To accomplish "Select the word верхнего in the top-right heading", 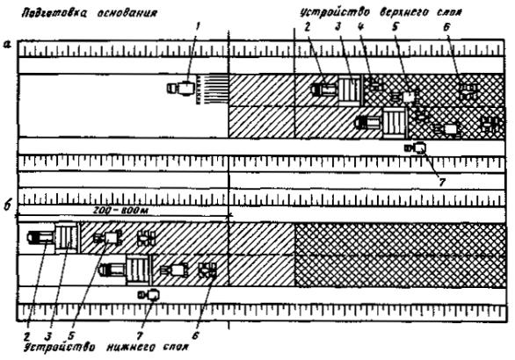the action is [405, 13].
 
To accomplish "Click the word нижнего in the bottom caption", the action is [129, 348].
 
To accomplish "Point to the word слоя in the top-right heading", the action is [450, 13].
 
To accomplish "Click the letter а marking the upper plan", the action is [7, 44].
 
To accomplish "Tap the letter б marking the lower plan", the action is [7, 205].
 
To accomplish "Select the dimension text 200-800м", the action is [120, 211].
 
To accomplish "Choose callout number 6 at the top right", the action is [446, 27].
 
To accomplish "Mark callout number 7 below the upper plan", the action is [442, 183].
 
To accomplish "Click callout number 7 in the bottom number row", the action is [140, 335].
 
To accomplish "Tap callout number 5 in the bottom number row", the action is [71, 335].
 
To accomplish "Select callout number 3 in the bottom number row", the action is [48, 335].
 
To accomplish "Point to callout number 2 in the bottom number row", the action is [26, 335].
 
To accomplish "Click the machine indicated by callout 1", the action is [181, 89].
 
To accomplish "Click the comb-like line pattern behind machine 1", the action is [212, 90].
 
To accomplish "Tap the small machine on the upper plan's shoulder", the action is [416, 148].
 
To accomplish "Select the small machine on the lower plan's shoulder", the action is [149, 295].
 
